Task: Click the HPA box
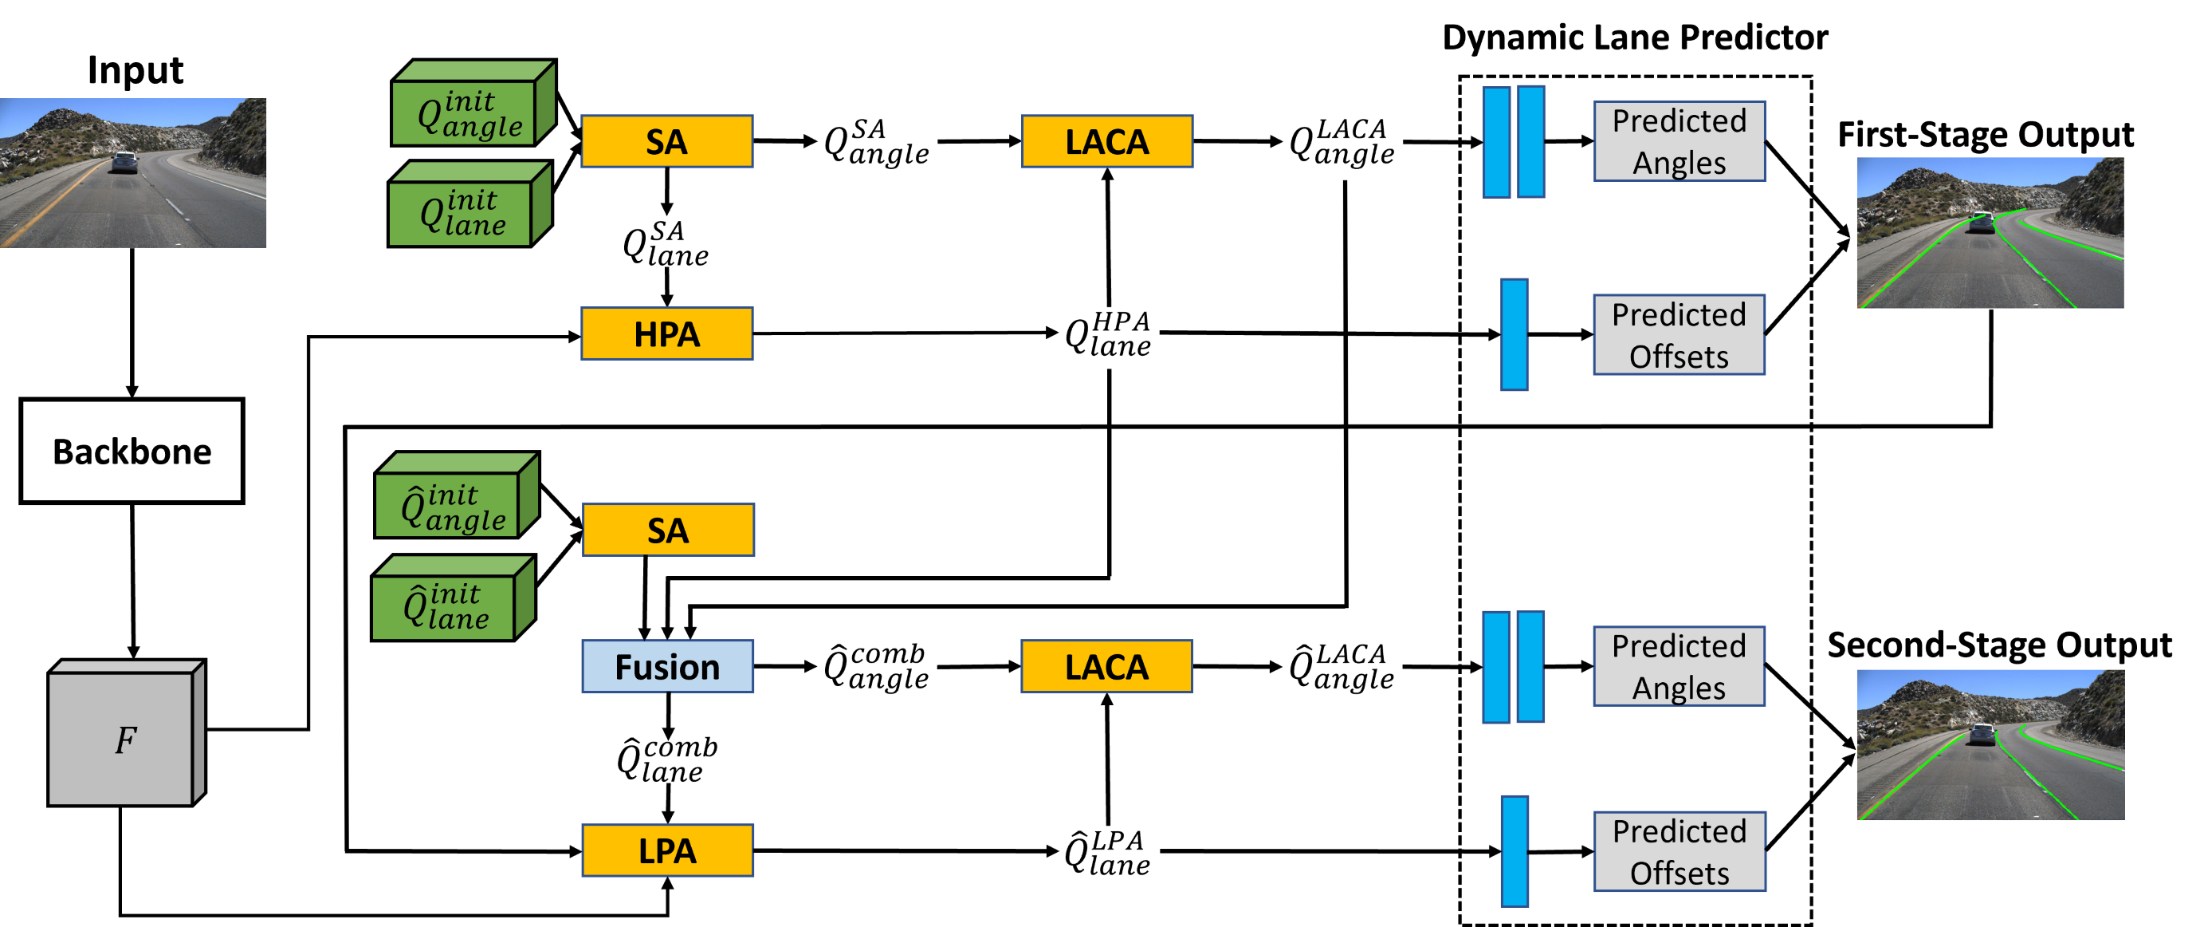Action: tap(666, 333)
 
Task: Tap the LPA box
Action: tap(667, 851)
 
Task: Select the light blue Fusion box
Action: tap(667, 667)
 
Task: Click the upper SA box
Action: tap(666, 141)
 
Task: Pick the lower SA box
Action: tap(668, 530)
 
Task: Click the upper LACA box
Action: tap(1106, 141)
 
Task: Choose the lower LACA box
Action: tap(1106, 667)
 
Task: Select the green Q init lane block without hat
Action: tap(463, 211)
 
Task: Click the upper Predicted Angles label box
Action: tap(1679, 141)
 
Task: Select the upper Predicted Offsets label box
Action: tap(1679, 335)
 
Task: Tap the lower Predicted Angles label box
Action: tap(1679, 666)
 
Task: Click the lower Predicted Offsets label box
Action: tap(1679, 852)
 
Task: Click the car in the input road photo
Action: tap(125, 162)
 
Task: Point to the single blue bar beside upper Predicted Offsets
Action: tap(1514, 335)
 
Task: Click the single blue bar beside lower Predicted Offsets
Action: tap(1515, 851)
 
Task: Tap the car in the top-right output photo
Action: tap(1982, 222)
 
